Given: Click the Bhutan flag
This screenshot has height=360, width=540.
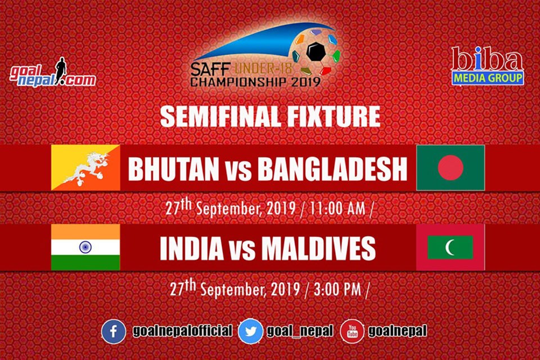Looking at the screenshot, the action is (85, 168).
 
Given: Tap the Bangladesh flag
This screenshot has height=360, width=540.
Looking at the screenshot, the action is (451, 168).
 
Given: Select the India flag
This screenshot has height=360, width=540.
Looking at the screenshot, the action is (85, 247).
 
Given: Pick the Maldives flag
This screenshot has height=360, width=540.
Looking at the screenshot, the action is (451, 247).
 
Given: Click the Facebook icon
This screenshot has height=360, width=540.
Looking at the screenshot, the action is (113, 332).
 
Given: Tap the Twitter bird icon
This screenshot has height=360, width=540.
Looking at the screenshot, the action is (250, 332).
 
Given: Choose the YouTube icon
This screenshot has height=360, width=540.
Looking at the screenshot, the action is (352, 331).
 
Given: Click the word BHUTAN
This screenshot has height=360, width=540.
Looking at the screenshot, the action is (174, 169).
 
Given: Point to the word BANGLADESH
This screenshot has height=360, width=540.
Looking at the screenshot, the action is (332, 169).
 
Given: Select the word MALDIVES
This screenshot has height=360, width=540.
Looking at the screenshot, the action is (318, 248).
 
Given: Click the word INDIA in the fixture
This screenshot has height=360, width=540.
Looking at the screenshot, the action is (192, 248).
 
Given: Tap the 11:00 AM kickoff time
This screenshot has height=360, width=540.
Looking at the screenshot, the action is (337, 209).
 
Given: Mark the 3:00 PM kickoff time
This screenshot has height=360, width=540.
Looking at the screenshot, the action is (337, 289).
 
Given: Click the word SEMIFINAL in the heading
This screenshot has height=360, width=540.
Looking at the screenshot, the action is (220, 116).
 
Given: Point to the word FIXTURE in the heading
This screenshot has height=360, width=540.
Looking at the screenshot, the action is (334, 116).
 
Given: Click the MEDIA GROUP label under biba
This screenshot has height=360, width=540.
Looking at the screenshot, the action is (488, 78).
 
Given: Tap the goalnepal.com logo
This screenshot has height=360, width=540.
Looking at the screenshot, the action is (52, 73).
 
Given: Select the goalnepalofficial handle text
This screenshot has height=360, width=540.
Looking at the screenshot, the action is (182, 331).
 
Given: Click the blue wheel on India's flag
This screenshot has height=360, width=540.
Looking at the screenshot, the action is (85, 247).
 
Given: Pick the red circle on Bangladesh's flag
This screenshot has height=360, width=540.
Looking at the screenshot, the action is (451, 168).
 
